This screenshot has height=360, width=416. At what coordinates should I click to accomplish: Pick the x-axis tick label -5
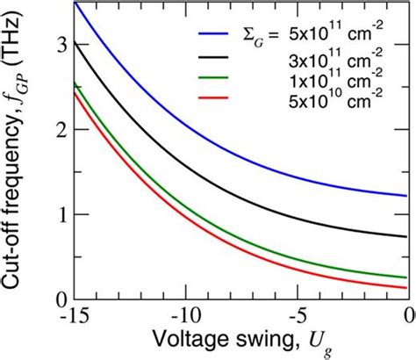tap(298, 316)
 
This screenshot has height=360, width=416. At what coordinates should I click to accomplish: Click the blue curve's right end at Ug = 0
tap(406, 196)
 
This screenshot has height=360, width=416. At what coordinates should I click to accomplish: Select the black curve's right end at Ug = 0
tap(406, 236)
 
